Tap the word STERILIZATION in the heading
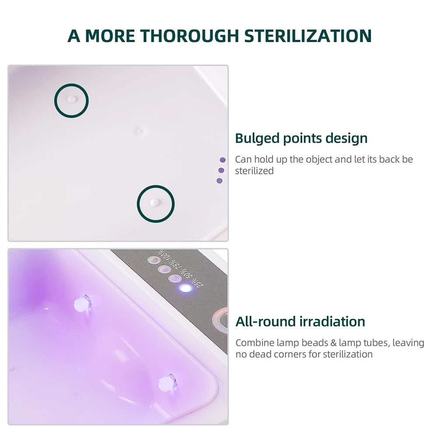308,35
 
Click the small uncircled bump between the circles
140,130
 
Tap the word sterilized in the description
254,171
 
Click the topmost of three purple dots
223,160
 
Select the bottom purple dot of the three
219,180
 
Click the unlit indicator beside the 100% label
154,261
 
